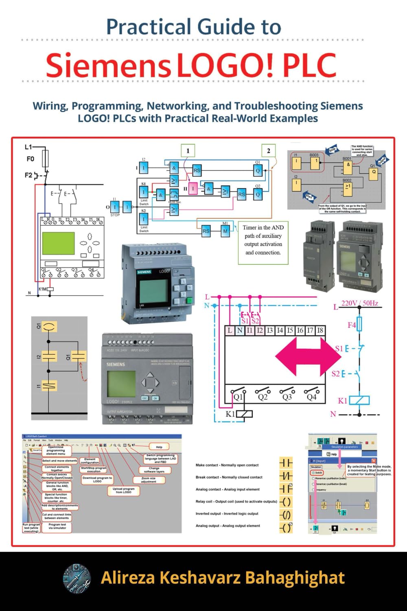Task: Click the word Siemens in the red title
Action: point(108,65)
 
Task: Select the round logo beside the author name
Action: point(78,578)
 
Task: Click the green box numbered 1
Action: point(188,151)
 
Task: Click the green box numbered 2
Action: point(268,151)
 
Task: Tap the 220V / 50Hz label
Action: point(359,303)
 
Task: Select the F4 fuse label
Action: point(352,325)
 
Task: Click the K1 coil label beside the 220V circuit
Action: point(342,401)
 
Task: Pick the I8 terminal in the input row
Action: point(320,330)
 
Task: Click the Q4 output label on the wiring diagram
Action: point(312,396)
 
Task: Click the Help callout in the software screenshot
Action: point(159,447)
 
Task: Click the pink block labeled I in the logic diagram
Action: point(193,189)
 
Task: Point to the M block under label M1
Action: point(225,231)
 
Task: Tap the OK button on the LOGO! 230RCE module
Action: point(155,398)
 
